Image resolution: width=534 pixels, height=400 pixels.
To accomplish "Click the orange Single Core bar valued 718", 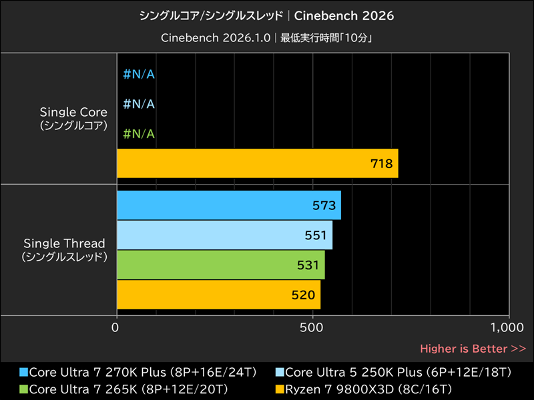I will point(257,163).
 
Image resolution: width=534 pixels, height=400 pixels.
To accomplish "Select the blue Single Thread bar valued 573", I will point(228,205).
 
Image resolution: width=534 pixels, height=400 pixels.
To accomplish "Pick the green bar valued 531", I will point(220,265).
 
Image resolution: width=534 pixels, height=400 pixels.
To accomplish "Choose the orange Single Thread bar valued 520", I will point(218,295).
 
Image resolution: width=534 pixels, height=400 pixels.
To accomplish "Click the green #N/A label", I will point(140,134).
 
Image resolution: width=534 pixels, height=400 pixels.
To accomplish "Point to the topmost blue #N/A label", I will point(140,74).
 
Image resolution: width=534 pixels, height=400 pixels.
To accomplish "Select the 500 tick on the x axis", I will point(312,328).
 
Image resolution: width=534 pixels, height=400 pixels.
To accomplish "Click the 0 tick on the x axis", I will point(116,328).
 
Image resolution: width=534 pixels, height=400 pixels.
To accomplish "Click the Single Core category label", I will point(73,118).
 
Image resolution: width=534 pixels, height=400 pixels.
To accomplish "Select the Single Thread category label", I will point(65,249).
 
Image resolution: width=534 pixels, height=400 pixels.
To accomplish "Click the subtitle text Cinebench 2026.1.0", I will point(215,38).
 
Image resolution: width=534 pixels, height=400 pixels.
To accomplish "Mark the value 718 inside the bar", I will point(381,163).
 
